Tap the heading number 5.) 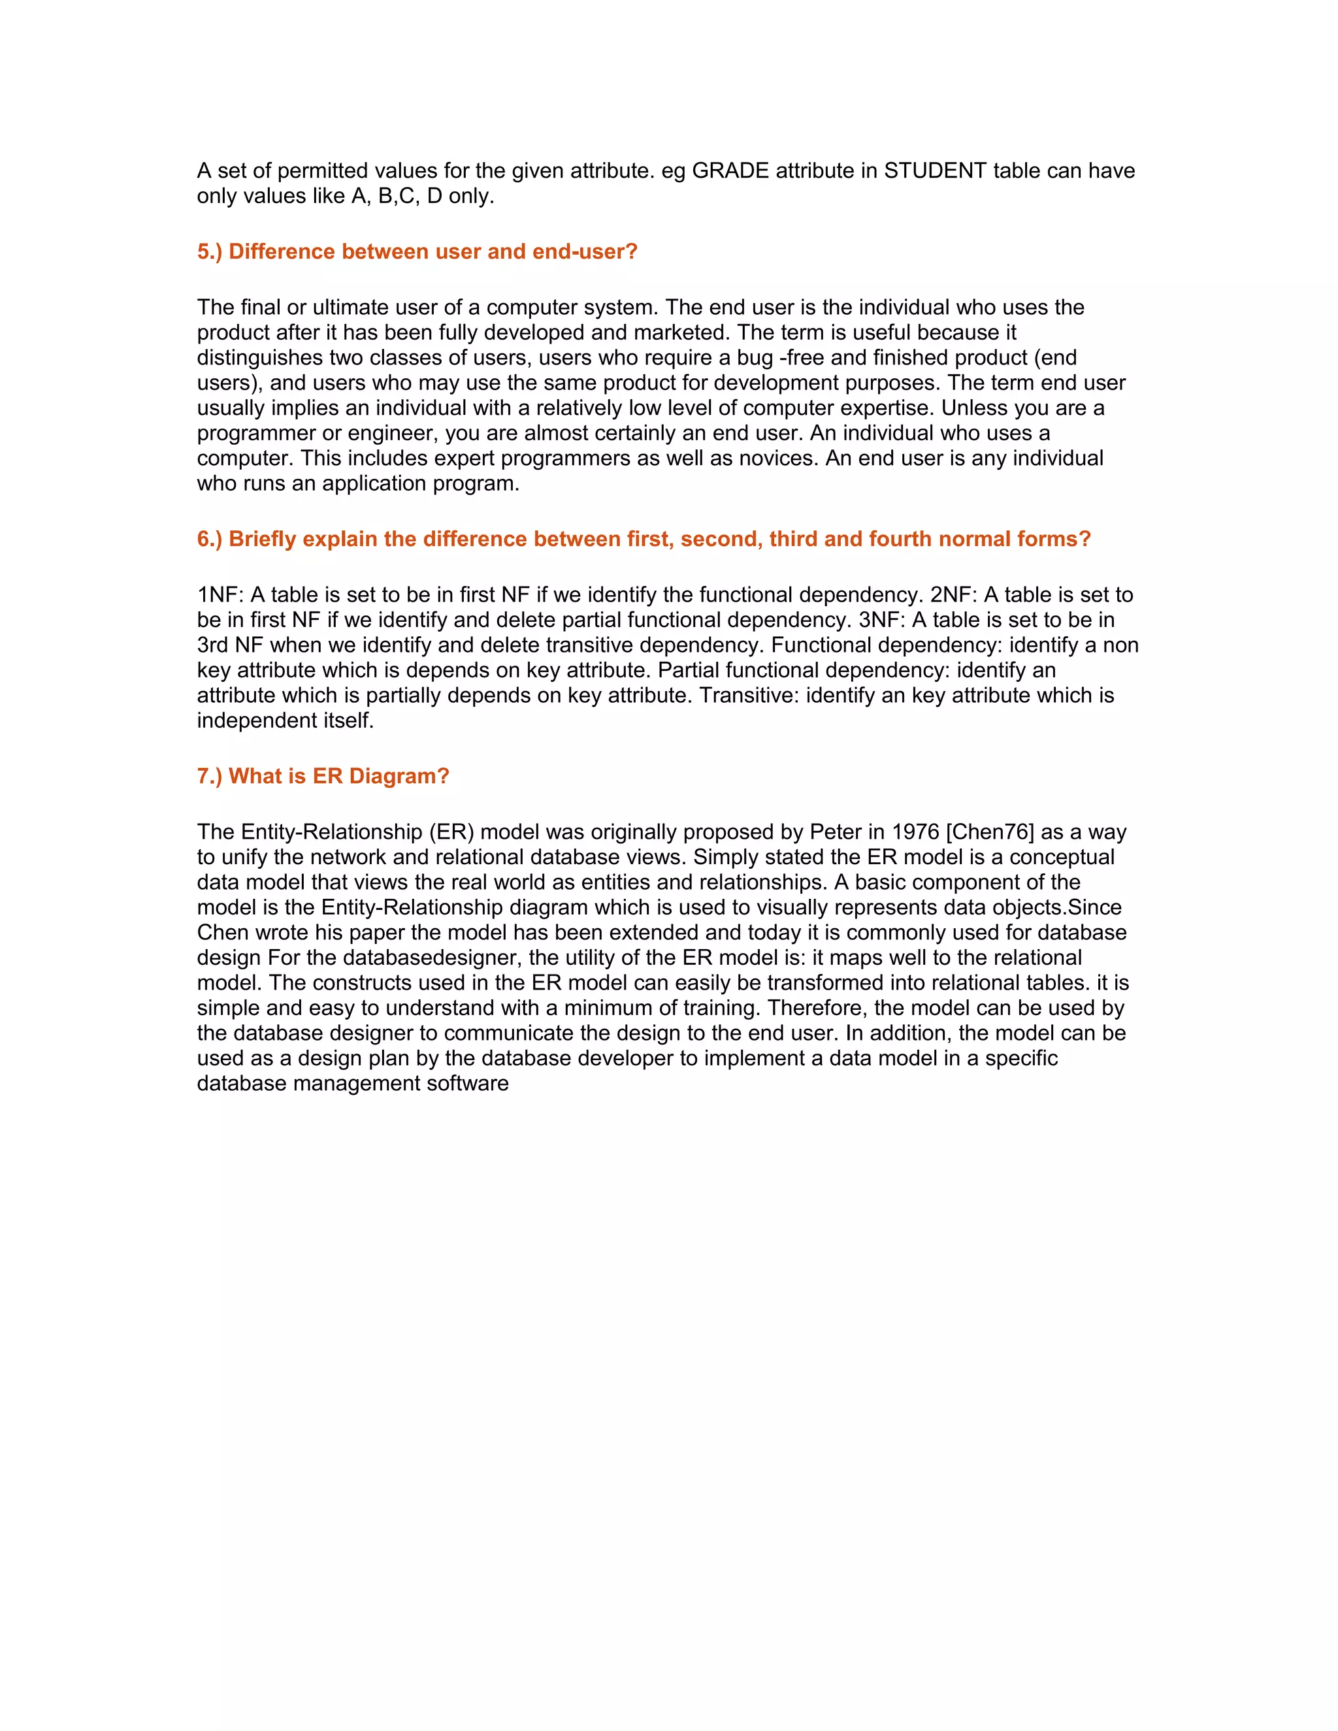[x=210, y=252]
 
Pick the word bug [x=755, y=358]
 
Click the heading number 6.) [x=210, y=540]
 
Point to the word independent [x=254, y=721]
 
